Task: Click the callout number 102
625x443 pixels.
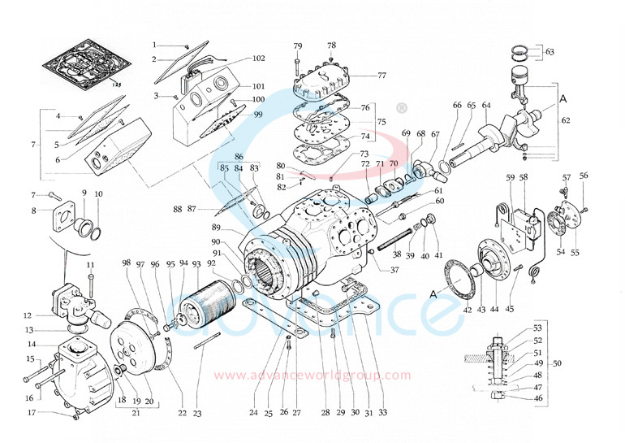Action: tap(258, 59)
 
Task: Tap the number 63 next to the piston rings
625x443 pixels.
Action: tap(550, 52)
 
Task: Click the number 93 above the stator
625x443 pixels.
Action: tap(196, 264)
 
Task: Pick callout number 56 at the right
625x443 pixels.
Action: tap(584, 176)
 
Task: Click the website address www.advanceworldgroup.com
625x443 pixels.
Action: tap(312, 376)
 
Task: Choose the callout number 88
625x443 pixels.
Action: tap(177, 210)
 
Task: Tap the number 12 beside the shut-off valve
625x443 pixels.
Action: tap(27, 315)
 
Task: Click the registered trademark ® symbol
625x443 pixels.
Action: tap(400, 106)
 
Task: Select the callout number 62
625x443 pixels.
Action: tap(566, 120)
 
